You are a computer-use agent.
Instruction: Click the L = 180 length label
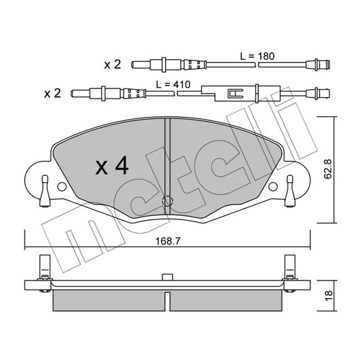point(257,56)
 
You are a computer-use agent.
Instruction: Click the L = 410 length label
point(173,85)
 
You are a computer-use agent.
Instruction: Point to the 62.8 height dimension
point(327,169)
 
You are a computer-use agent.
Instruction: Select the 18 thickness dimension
point(329,296)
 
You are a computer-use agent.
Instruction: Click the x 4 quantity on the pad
point(112,165)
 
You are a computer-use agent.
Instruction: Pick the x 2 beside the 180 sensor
point(112,65)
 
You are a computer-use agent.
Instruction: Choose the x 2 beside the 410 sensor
point(52,94)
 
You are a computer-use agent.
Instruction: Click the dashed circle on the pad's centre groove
point(167,201)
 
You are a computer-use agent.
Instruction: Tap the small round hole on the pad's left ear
point(62,187)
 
